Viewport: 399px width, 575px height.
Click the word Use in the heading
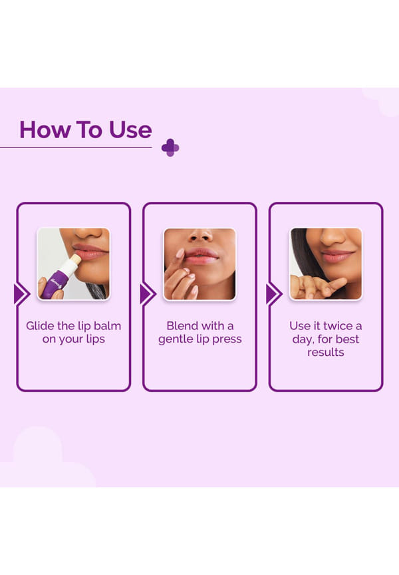130,130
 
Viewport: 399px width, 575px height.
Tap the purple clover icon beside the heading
170,148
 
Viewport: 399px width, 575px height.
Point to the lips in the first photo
90,252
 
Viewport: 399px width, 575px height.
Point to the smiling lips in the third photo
337,256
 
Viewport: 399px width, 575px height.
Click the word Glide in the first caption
40,325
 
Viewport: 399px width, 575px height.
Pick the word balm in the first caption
107,325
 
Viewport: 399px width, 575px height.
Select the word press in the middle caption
227,339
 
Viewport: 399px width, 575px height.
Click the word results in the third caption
326,353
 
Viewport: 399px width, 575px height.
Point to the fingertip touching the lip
180,253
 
